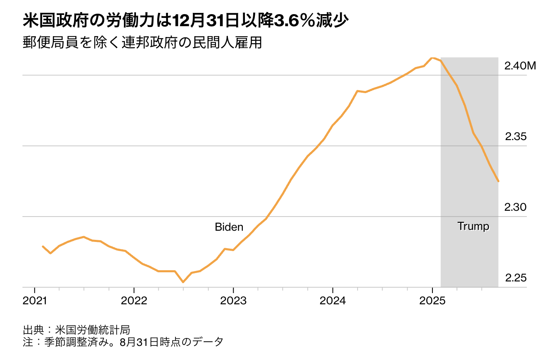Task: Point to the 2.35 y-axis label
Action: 516,136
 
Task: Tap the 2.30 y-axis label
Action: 516,207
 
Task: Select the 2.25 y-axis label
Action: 516,278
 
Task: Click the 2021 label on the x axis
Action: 34,300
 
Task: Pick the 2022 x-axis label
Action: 134,300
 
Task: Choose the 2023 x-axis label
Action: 233,300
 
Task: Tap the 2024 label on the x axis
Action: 333,300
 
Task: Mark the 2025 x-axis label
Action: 432,300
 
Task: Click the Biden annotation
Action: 229,227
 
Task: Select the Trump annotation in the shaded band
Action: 473,227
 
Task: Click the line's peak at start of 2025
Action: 432,57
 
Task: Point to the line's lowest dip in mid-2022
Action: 183,282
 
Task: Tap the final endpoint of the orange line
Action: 498,181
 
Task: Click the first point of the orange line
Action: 42,246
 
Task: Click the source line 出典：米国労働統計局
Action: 77,330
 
